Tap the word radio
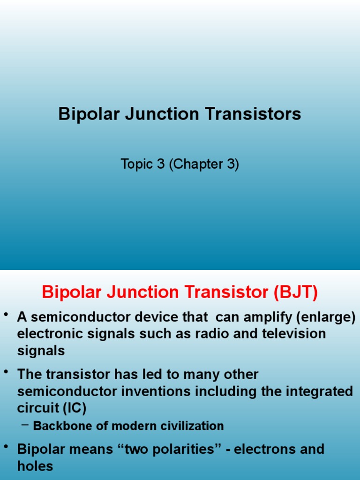pos(203,334)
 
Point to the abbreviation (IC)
pos(74,408)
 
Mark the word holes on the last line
pos(35,466)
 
